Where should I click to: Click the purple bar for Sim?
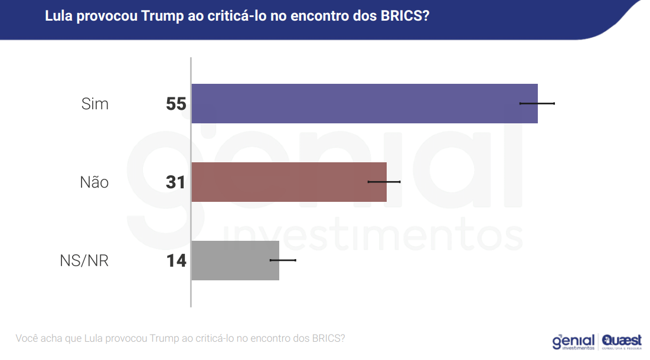pos(364,103)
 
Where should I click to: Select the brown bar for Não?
pos(289,182)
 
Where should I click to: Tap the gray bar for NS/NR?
pos(235,260)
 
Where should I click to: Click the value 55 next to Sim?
pos(176,104)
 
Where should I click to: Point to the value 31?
pos(176,182)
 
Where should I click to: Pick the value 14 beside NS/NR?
pos(176,260)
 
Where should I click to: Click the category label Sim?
pos(95,104)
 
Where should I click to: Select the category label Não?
pos(94,182)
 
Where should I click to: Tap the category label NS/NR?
pos(84,260)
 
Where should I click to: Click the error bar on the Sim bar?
pos(537,103)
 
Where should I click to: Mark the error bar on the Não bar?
pos(384,182)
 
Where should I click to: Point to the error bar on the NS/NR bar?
pos(283,260)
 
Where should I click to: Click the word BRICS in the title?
pos(401,17)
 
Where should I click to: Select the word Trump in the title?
pos(161,17)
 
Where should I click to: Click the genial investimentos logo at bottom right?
pos(573,342)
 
